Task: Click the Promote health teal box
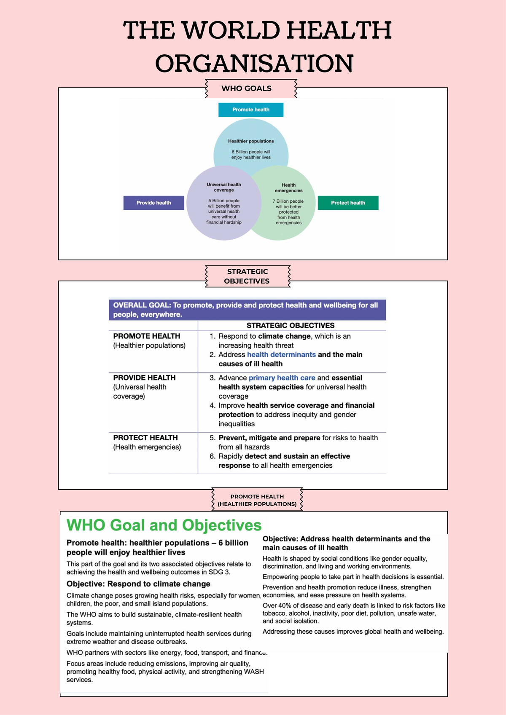click(251, 110)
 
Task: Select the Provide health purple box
click(153, 203)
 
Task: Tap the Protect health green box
click(348, 203)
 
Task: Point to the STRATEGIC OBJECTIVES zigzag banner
click(247, 276)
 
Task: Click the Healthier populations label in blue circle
click(251, 141)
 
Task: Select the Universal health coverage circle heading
click(224, 187)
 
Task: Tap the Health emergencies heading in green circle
click(289, 187)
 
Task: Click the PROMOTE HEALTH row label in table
click(147, 336)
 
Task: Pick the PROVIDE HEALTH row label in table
click(144, 378)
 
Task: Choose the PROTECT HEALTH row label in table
click(145, 438)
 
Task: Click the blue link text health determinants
click(281, 355)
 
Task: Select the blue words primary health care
click(282, 378)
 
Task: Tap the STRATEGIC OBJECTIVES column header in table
click(291, 326)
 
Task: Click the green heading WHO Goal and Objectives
click(164, 525)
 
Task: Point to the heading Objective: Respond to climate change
click(138, 584)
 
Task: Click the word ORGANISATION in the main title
click(254, 64)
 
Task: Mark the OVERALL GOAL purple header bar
click(247, 310)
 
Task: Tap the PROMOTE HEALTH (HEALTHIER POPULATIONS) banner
click(257, 500)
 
